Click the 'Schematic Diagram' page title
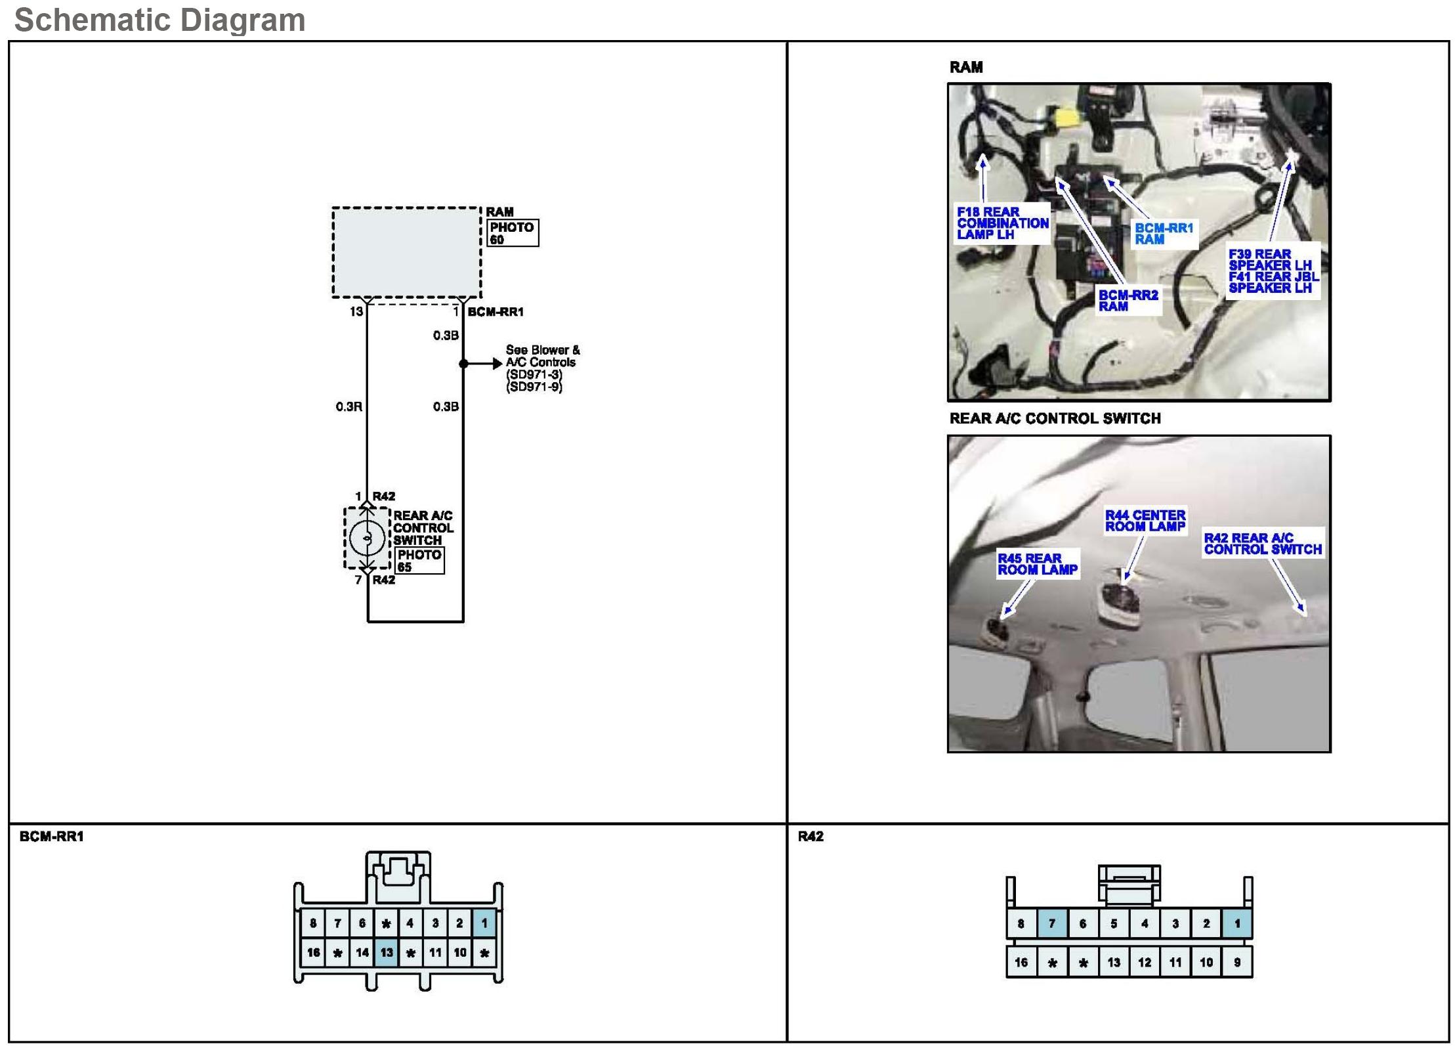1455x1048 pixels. tap(159, 20)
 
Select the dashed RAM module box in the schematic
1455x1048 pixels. tap(406, 253)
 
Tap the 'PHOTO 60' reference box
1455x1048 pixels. tap(513, 233)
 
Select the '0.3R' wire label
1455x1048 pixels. tap(348, 407)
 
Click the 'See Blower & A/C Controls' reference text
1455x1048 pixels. tap(541, 368)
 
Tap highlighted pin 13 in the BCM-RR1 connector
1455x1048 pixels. tap(387, 952)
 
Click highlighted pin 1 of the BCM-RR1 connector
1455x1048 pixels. tap(484, 923)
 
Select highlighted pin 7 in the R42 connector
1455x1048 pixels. tap(1052, 924)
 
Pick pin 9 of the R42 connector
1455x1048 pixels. tap(1237, 963)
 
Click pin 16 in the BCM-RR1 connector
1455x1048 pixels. tap(314, 952)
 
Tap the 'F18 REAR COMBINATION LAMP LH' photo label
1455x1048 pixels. tap(1002, 223)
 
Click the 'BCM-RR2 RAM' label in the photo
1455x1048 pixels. tap(1128, 301)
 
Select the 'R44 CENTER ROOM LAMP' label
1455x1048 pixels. tap(1145, 521)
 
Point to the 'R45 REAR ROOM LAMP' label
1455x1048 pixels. tap(1037, 564)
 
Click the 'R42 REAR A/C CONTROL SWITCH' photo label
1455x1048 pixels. tap(1262, 544)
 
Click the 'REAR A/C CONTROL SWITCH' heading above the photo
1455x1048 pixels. tap(1055, 419)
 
